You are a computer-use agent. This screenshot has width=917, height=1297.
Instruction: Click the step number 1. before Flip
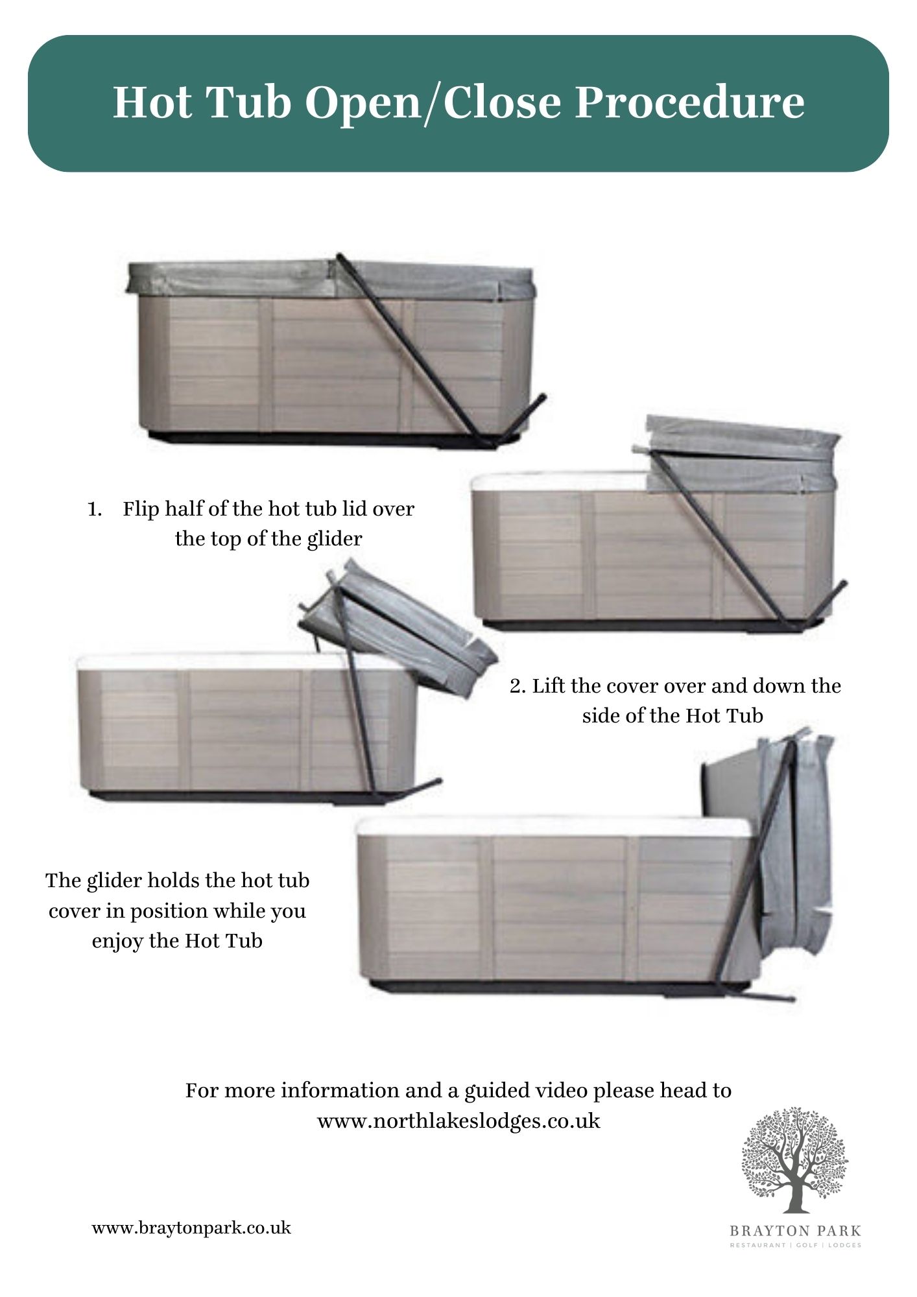point(95,509)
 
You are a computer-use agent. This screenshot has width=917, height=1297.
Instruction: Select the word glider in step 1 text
point(334,539)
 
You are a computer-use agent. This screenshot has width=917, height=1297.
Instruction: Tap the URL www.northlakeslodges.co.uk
point(458,1121)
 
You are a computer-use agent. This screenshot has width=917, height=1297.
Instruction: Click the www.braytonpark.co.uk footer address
point(191,1228)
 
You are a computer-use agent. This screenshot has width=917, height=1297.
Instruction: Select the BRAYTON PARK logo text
point(795,1230)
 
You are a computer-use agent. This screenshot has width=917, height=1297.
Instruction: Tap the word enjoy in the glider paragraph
point(118,941)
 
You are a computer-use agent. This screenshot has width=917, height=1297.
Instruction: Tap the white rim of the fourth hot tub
point(551,827)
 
